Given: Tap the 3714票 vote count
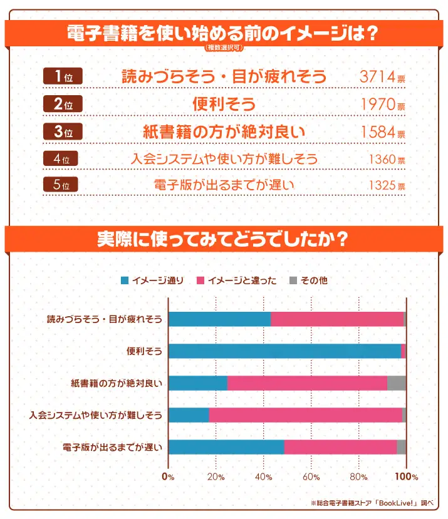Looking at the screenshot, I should coord(382,77).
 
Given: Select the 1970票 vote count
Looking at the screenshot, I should coord(382,105).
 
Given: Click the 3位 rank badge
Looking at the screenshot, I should coord(63,131).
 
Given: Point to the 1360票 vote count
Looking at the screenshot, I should coord(387,159).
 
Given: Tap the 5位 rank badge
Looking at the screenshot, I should coord(63,185).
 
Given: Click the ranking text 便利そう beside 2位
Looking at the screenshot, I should coord(224,104).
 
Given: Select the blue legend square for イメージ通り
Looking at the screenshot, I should coord(125,280).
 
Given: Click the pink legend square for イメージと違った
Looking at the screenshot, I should coord(201,280).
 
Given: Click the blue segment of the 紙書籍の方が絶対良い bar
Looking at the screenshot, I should coord(198,383).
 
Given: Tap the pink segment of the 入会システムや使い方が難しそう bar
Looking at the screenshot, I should coord(305,415).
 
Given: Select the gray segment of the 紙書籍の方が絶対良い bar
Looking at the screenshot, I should coord(397,383).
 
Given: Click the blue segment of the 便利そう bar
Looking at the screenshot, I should coord(284,351).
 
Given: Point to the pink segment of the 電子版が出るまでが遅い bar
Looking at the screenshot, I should coord(340,447).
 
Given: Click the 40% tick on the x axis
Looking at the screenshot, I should coord(263,477).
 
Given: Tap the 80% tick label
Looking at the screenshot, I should coord(358,477).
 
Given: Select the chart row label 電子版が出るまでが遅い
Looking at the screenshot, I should coord(113,447).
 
